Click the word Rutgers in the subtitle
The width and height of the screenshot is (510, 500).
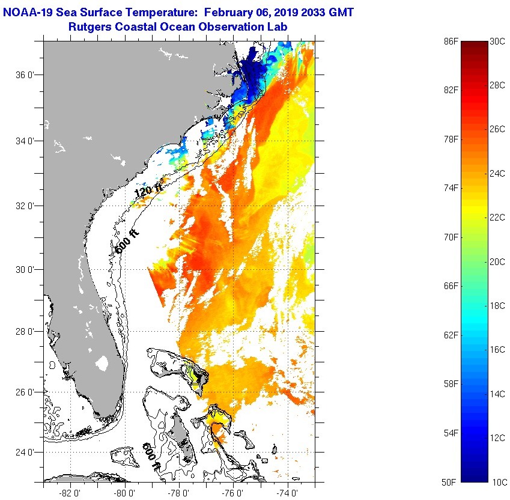(89, 26)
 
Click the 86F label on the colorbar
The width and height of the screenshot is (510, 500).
(451, 42)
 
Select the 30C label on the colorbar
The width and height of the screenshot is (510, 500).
(498, 42)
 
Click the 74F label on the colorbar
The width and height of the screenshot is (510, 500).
(451, 188)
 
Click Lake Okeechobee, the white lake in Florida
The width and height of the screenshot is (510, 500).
(102, 363)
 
